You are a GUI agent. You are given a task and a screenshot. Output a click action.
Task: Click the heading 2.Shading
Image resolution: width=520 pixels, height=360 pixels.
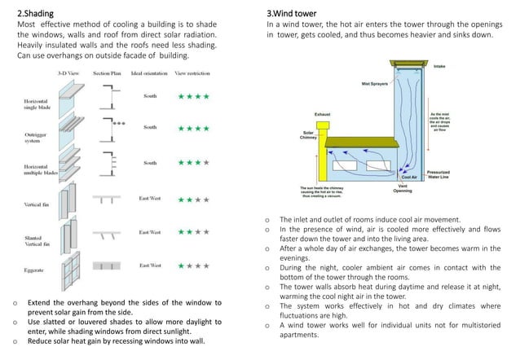(36, 14)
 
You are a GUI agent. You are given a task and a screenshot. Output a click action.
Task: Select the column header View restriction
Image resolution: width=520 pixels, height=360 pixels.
(194, 73)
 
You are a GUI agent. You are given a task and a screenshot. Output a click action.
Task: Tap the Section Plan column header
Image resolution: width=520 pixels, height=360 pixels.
(107, 73)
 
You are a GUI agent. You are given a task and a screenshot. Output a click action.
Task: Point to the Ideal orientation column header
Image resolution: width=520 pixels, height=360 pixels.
(151, 73)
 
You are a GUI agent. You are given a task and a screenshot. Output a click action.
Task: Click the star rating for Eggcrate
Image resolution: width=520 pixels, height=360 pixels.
(194, 266)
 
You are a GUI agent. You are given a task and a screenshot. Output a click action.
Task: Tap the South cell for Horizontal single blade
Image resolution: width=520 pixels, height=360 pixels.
(150, 96)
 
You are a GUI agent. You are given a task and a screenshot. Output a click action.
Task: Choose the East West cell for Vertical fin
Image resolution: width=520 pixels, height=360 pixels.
(150, 199)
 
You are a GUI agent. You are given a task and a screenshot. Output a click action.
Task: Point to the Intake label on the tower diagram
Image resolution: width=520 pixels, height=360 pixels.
(462, 66)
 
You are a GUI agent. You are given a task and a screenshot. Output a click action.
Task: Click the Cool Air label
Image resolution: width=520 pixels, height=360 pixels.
(410, 177)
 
